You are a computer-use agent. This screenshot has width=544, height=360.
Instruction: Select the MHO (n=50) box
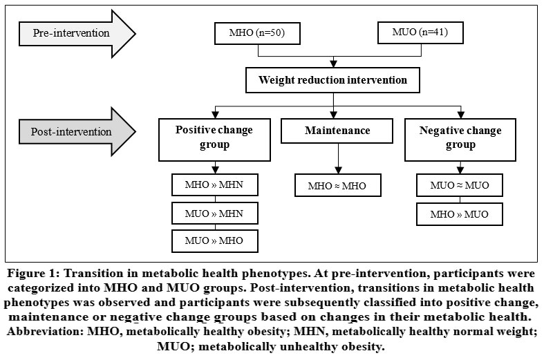(x=257, y=33)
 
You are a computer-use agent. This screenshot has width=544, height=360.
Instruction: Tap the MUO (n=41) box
(x=420, y=32)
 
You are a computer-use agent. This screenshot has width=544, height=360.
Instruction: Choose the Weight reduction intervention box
(x=332, y=80)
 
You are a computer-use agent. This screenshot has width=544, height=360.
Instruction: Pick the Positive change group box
(x=214, y=140)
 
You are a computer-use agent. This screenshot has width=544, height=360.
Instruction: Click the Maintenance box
(x=337, y=131)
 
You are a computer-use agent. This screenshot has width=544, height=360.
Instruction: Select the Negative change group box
(x=460, y=140)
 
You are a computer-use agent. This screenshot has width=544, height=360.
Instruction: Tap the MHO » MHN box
(x=215, y=185)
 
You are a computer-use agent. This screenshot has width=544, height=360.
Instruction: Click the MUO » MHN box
(x=215, y=214)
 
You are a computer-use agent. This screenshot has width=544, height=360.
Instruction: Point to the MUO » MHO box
(x=215, y=240)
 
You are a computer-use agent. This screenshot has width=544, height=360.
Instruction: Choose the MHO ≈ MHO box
(x=338, y=185)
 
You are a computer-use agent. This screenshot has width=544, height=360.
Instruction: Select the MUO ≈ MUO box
(x=460, y=185)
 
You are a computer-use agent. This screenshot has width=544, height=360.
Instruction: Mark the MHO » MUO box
(x=460, y=214)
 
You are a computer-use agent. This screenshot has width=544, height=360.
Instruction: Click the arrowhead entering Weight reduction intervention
(x=333, y=64)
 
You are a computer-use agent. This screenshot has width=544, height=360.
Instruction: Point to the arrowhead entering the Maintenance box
(x=333, y=115)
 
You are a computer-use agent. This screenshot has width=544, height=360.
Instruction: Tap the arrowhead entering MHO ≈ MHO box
(x=338, y=170)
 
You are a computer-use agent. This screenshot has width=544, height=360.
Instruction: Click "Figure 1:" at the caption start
(x=33, y=274)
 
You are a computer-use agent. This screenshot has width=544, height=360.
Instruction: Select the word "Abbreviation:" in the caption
(x=45, y=332)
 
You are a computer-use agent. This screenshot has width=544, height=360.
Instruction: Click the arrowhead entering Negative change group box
(x=461, y=115)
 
